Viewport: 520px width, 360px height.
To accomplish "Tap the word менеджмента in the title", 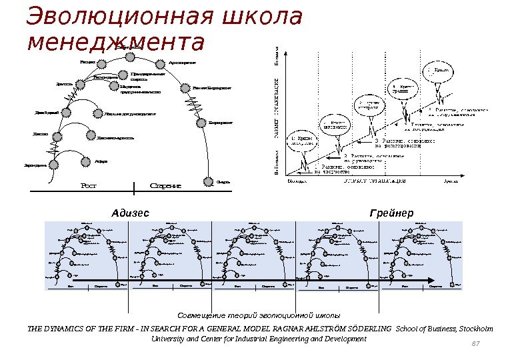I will (x=114, y=42).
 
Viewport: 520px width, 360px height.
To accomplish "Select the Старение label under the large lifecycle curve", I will (x=166, y=186).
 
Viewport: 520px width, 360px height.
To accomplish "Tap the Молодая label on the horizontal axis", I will (x=298, y=180).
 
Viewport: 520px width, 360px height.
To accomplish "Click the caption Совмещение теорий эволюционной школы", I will (x=259, y=315).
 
